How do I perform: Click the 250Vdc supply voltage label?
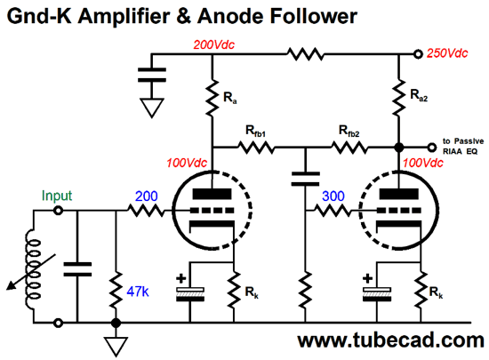(447, 53)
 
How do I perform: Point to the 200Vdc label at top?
(214, 44)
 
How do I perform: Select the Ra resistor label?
(230, 98)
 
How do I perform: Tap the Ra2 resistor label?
(419, 95)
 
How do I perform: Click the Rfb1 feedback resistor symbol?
(256, 148)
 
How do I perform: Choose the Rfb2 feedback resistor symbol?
(349, 148)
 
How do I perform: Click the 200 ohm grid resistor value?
(147, 196)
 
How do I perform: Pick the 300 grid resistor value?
(333, 196)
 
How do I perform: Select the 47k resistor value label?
(138, 292)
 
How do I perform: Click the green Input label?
(57, 196)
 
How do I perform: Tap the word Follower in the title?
(314, 16)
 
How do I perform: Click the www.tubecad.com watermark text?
(391, 340)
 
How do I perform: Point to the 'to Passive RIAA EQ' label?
(463, 146)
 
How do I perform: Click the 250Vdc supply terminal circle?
(418, 54)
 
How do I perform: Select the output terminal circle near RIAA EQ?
(431, 148)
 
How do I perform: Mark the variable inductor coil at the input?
(33, 268)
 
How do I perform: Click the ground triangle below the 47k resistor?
(116, 346)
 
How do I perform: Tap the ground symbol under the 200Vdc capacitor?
(152, 108)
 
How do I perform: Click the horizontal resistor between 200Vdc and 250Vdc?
(305, 54)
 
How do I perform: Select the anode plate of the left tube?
(212, 194)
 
